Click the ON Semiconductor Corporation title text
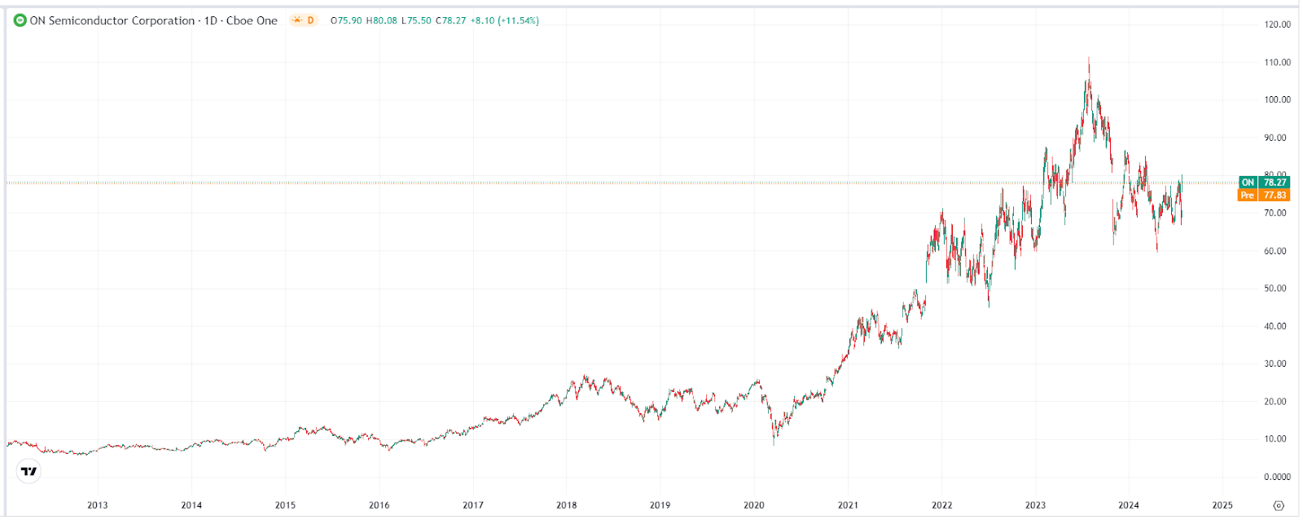pyautogui.click(x=112, y=20)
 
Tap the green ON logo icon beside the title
pyautogui.click(x=20, y=20)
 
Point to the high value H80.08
pyautogui.click(x=381, y=20)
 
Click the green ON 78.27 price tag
pyautogui.click(x=1263, y=183)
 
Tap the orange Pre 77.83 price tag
pyautogui.click(x=1263, y=196)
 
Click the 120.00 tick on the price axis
pyautogui.click(x=1277, y=24)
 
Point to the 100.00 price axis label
pyautogui.click(x=1277, y=100)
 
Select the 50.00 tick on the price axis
pyautogui.click(x=1275, y=288)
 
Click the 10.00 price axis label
pyautogui.click(x=1275, y=439)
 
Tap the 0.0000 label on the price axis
pyautogui.click(x=1277, y=477)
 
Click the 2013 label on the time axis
pyautogui.click(x=98, y=505)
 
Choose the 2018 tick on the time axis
pyautogui.click(x=567, y=505)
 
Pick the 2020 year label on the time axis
pyautogui.click(x=754, y=505)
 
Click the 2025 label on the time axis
pyautogui.click(x=1222, y=505)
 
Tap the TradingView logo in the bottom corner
pyautogui.click(x=29, y=471)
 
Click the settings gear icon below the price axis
pyautogui.click(x=1279, y=505)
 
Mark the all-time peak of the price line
pyautogui.click(x=1089, y=59)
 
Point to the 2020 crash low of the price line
pyautogui.click(x=774, y=443)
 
